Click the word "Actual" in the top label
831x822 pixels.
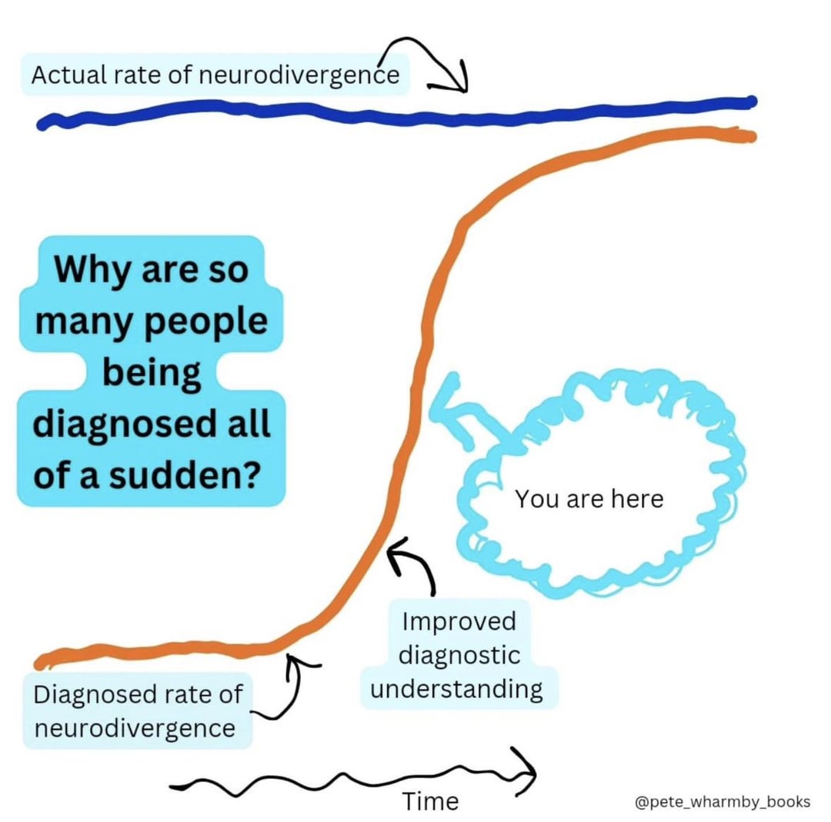tap(68, 75)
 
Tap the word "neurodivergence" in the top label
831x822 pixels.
tap(299, 75)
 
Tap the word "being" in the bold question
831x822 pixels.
tap(152, 374)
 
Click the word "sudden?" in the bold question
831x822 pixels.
tap(185, 476)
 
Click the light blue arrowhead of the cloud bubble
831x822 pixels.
tap(447, 404)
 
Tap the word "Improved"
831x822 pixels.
tap(459, 621)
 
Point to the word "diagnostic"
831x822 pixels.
tap(459, 656)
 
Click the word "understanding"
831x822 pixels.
tap(457, 690)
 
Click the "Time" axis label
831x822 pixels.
tap(430, 801)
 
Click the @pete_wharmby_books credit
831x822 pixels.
tap(723, 802)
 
